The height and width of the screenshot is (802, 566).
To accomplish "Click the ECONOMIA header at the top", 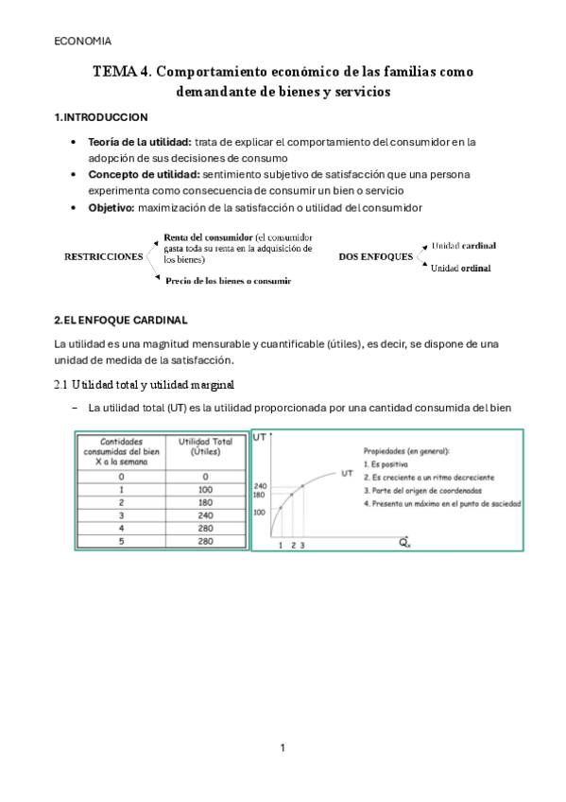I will click(82, 41).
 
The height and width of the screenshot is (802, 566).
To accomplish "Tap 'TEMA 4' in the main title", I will click(120, 72).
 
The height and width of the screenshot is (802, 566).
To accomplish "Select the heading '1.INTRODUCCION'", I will click(101, 117).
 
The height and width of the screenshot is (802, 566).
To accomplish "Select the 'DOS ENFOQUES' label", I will click(375, 256).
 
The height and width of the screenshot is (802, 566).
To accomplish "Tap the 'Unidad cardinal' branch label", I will click(463, 245).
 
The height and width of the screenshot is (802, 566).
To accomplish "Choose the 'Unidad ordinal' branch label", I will click(460, 269).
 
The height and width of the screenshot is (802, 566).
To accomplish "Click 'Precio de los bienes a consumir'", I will click(228, 281).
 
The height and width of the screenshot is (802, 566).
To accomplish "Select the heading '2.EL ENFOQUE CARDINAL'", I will click(122, 321).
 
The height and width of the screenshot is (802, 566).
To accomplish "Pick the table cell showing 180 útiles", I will click(199, 503).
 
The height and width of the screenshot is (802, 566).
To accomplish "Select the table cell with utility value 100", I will click(199, 490).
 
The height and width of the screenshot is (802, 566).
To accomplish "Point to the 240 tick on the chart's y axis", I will click(260, 484).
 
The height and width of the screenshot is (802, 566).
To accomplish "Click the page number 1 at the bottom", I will click(283, 748).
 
